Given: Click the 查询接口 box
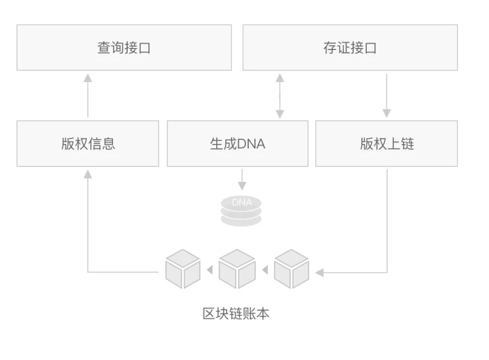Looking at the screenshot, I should pyautogui.click(x=124, y=48).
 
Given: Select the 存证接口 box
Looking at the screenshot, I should pyautogui.click(x=350, y=48).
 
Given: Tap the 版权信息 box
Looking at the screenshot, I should pyautogui.click(x=88, y=144).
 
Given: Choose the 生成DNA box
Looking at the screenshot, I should pyautogui.click(x=237, y=144).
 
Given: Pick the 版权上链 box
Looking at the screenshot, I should pyautogui.click(x=386, y=144).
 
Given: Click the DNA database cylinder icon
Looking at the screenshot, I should pyautogui.click(x=241, y=210).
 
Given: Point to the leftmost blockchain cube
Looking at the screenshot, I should pyautogui.click(x=183, y=269).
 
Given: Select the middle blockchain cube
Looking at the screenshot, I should pyautogui.click(x=237, y=269).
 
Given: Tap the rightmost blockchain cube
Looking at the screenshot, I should pyautogui.click(x=291, y=269).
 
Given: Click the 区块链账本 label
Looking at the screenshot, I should pyautogui.click(x=236, y=314).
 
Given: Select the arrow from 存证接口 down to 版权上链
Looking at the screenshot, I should pyautogui.click(x=386, y=95).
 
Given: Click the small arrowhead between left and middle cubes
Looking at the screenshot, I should pyautogui.click(x=210, y=270).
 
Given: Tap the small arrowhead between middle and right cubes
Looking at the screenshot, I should pyautogui.click(x=265, y=270).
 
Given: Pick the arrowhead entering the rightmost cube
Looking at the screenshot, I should pyautogui.click(x=319, y=272).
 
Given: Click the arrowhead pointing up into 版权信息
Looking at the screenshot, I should pyautogui.click(x=88, y=174).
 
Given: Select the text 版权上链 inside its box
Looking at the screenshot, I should pyautogui.click(x=387, y=144).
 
